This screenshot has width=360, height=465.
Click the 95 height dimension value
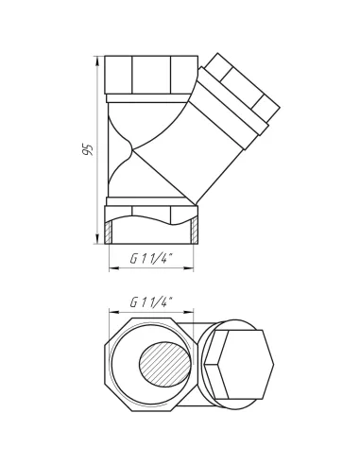click(x=87, y=149)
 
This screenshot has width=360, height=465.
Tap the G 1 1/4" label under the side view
click(x=152, y=259)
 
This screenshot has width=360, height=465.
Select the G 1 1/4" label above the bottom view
click(x=152, y=302)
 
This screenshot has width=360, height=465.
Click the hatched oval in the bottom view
click(x=164, y=364)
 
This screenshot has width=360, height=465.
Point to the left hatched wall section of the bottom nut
click(x=108, y=232)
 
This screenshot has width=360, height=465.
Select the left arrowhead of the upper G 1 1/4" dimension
click(x=114, y=268)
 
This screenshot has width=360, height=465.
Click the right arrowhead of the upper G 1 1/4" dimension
click(x=188, y=268)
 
